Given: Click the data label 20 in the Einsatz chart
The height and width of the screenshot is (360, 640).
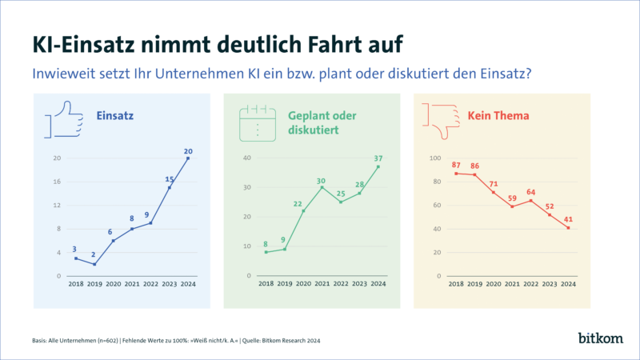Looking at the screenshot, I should (x=187, y=150).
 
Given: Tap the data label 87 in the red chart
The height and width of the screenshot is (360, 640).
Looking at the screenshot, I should (x=455, y=165).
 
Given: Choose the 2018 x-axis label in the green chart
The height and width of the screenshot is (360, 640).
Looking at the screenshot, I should (x=266, y=284).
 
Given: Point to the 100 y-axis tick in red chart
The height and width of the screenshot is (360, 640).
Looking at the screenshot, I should (x=435, y=158).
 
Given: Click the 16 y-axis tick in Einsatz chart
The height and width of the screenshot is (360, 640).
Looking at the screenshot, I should (x=57, y=182).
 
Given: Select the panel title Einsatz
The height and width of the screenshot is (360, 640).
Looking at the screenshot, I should (x=114, y=116).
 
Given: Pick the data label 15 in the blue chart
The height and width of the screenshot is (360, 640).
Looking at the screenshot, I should (x=170, y=179).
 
